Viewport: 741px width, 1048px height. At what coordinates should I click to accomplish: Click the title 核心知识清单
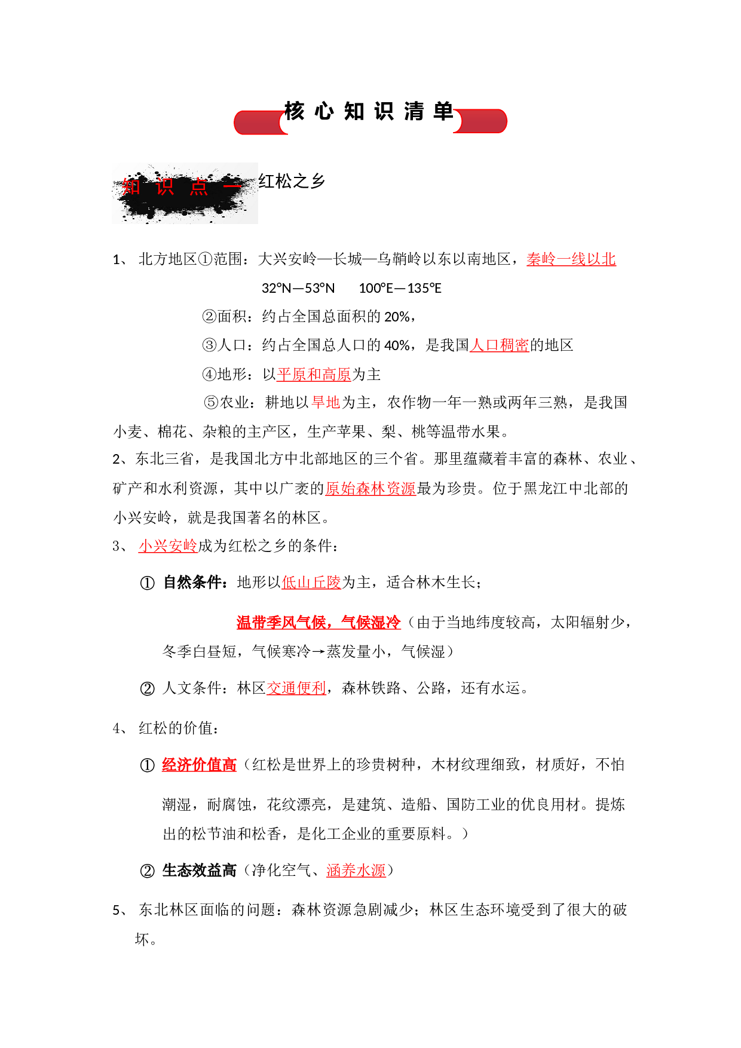[369, 112]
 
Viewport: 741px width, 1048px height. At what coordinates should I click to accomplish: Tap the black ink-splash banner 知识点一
[185, 193]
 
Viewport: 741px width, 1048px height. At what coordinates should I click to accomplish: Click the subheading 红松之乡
[292, 181]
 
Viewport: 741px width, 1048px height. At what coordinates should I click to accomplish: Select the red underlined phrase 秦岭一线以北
[571, 259]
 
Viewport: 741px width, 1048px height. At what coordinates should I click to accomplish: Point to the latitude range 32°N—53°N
[298, 288]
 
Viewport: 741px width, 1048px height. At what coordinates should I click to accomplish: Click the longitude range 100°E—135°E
[400, 288]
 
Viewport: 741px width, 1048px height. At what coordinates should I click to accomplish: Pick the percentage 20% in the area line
[397, 317]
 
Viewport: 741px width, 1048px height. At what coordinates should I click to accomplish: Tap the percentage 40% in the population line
[397, 345]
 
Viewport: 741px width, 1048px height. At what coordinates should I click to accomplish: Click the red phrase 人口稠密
[500, 345]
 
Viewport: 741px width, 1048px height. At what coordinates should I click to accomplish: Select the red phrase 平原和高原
[314, 375]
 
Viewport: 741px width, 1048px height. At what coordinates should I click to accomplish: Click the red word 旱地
[326, 403]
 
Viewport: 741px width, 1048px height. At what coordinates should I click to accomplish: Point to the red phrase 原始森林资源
[370, 489]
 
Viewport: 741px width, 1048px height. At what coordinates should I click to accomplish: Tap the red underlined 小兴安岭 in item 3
[168, 546]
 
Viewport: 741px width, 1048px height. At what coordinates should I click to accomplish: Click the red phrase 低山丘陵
[311, 583]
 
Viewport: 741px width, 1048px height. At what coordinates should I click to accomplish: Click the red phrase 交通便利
[296, 688]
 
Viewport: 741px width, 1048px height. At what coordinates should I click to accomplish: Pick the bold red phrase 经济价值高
[199, 765]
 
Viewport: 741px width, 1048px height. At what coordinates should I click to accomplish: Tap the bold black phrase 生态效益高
[199, 871]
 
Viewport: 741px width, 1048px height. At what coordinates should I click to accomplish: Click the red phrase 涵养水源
[356, 871]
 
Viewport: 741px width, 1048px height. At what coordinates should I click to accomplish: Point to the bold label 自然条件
[193, 583]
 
